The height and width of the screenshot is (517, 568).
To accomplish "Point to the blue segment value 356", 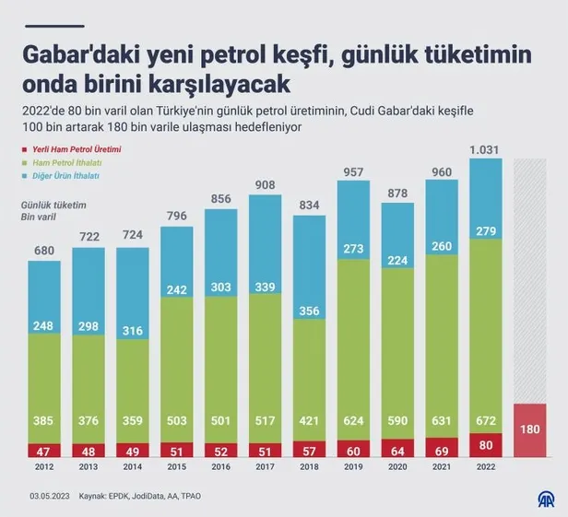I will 309,311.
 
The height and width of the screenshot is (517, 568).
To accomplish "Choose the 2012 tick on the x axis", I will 44,467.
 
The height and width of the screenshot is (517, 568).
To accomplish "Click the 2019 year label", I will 353,467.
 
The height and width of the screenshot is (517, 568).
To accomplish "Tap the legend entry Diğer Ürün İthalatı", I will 67,175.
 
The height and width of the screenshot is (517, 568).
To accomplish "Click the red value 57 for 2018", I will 309,452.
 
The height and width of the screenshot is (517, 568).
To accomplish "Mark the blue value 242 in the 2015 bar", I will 177,288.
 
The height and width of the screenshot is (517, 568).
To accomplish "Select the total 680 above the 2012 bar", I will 44,250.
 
